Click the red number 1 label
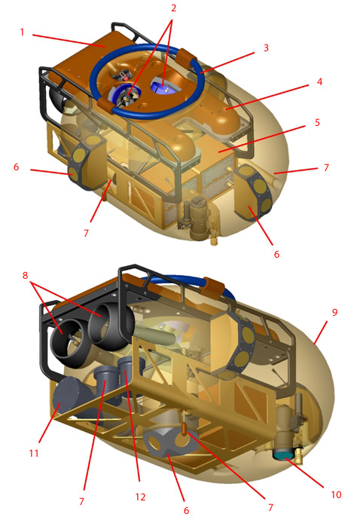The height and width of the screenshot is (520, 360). coord(22,32)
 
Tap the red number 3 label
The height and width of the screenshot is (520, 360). coord(266,47)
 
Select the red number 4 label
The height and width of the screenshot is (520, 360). coord(319,81)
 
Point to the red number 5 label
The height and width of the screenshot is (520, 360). coord(317,122)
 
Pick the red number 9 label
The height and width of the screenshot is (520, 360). coord(335,312)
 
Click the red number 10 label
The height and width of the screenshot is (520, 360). coord(336,494)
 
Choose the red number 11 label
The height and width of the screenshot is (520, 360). coord(34,453)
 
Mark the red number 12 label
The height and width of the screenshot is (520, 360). coord(141,497)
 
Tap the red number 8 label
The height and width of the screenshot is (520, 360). coord(25,275)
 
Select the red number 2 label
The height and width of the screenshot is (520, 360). coord(173,8)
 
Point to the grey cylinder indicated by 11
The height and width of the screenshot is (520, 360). coord(70,397)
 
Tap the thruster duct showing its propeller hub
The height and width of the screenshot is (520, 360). coord(66,338)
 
